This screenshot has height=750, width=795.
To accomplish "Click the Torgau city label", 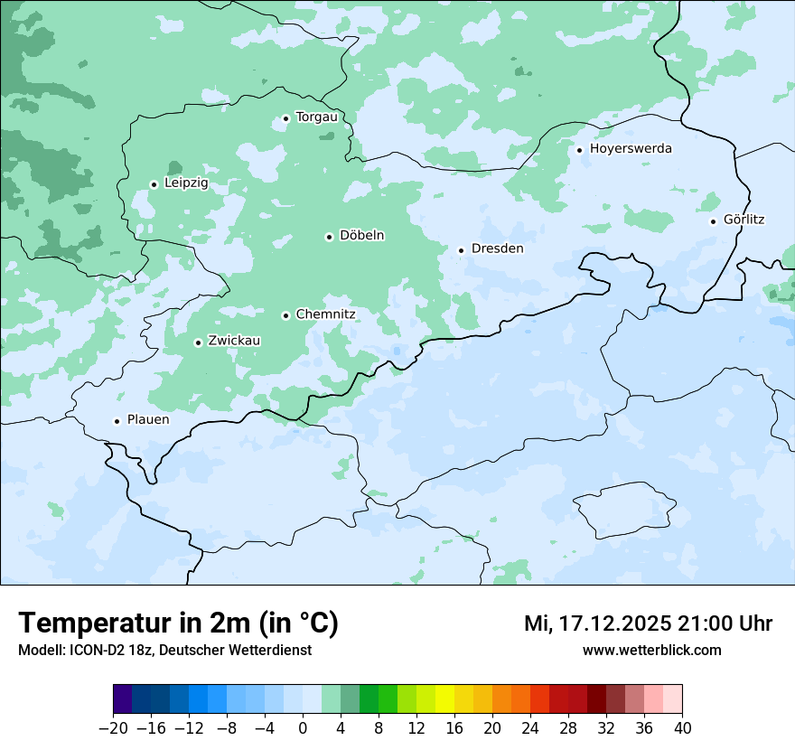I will tap(316, 117).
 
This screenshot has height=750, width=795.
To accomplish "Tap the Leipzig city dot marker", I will tap(154, 184).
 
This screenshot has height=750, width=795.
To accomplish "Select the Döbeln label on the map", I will tap(361, 236).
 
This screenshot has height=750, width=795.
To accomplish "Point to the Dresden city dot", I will tap(461, 250).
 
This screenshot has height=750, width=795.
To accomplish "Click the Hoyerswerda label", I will tap(631, 149).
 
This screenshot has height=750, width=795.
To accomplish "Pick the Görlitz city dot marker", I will tap(713, 221).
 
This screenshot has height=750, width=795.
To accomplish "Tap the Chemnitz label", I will tap(325, 314).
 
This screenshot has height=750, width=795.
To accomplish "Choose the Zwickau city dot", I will tap(198, 342).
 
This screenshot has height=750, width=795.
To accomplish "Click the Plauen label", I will tap(147, 420).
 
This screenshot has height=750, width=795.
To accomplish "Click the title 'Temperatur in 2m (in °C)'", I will tap(179, 623).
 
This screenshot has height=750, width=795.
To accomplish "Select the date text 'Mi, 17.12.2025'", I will tap(596, 623).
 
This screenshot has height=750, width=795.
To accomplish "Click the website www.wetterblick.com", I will tap(651, 650).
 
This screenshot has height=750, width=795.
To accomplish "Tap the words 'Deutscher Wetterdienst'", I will tap(238, 650).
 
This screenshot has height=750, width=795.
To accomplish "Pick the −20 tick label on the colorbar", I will tap(113, 728).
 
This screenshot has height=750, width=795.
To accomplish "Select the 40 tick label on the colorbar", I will tap(682, 728).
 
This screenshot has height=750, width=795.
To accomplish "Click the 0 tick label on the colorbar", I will tap(303, 728).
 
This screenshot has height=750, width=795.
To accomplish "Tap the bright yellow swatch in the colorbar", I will tap(444, 700).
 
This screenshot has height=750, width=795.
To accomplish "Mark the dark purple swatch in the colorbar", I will tap(123, 700).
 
